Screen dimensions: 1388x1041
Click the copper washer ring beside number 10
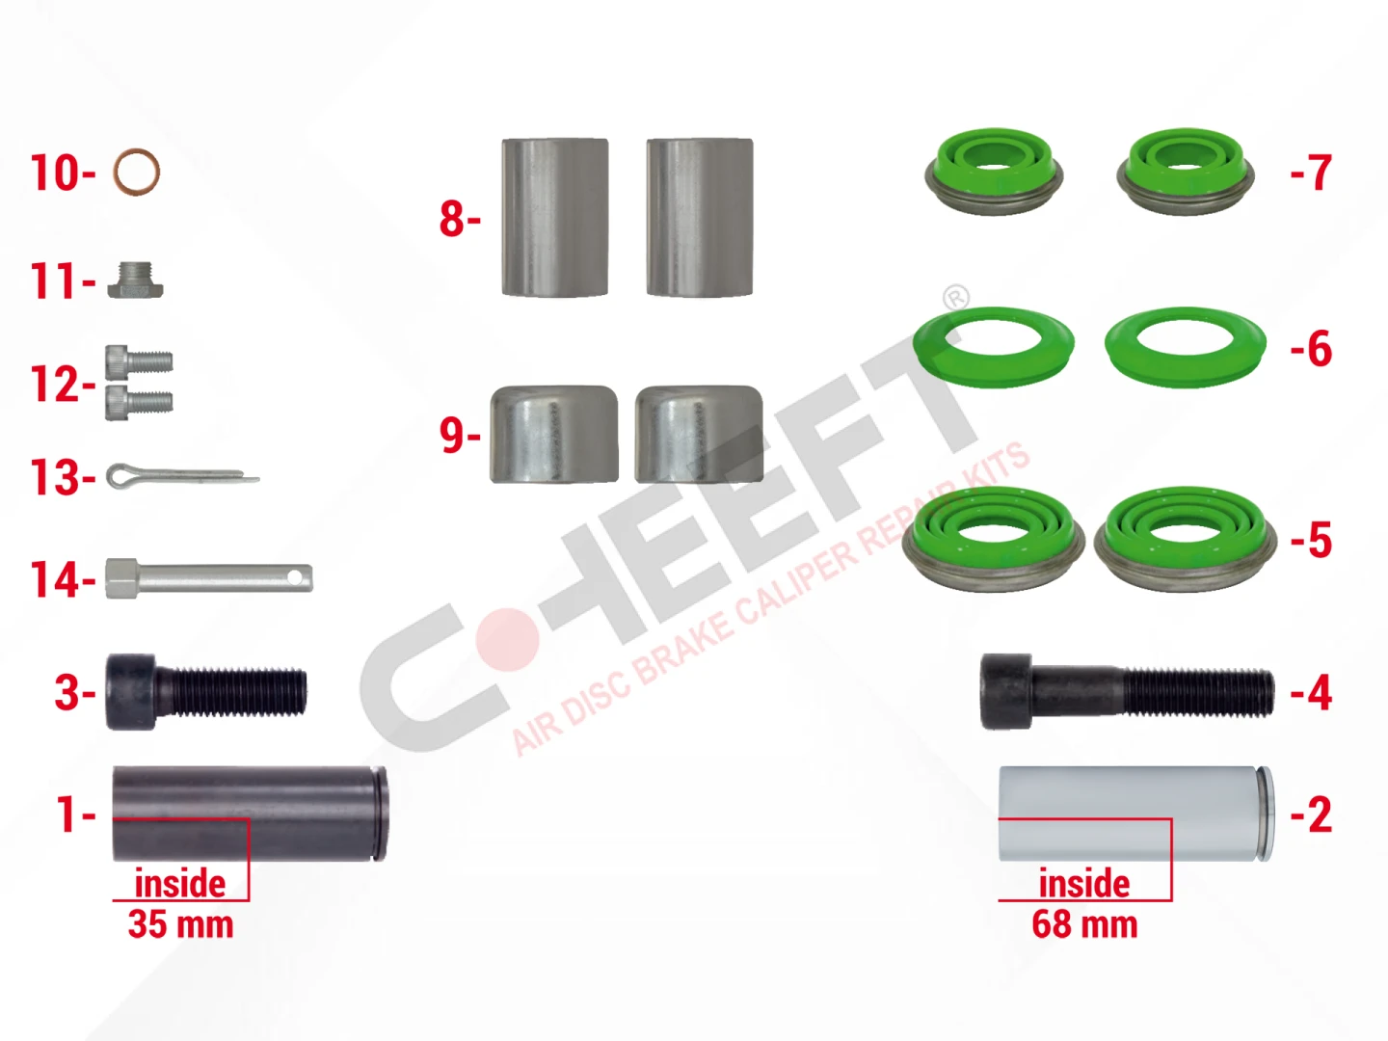[115, 172]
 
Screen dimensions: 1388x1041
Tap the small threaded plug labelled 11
[135, 280]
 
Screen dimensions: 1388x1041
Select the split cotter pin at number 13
[182, 476]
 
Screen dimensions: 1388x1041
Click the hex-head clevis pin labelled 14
[208, 578]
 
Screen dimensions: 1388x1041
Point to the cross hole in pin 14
[294, 577]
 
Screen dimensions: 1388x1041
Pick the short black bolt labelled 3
[206, 692]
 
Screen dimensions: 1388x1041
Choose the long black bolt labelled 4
[1127, 692]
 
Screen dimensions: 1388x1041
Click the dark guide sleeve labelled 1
[250, 814]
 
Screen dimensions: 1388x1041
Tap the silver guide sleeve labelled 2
[1136, 814]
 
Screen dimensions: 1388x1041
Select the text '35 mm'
[181, 924]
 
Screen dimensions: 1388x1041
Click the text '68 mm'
[1085, 924]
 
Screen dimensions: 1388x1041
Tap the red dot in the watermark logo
[507, 639]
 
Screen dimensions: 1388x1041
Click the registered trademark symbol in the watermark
[955, 297]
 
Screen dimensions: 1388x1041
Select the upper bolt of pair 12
[139, 362]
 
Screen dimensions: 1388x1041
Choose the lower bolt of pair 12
[139, 402]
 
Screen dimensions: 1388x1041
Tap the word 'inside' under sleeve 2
[1084, 883]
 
